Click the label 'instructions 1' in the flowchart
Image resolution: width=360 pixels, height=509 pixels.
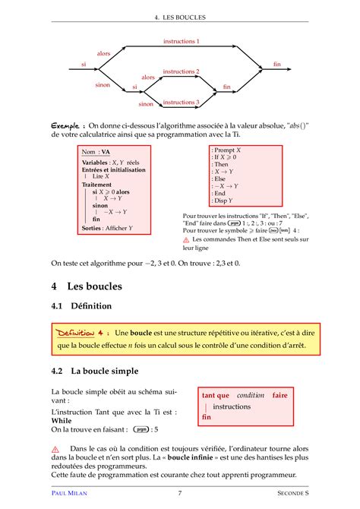click(181, 41)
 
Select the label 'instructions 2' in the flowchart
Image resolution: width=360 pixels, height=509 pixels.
click(181, 71)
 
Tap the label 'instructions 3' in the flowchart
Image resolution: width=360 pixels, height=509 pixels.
click(181, 102)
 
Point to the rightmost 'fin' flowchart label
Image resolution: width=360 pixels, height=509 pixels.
click(277, 65)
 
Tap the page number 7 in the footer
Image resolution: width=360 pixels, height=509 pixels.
click(179, 494)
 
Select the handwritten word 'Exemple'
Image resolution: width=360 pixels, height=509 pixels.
click(67, 125)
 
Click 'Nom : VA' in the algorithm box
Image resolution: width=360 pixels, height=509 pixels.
click(96, 151)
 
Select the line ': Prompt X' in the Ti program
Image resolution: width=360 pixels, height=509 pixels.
click(226, 150)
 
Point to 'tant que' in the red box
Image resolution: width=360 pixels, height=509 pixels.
click(216, 395)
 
